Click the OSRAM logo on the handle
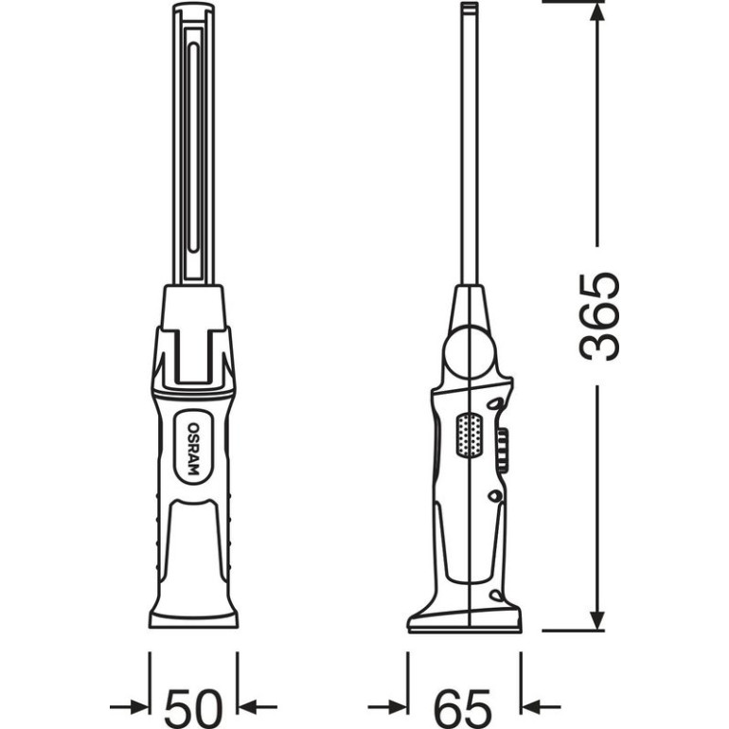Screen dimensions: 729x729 tap(193, 449)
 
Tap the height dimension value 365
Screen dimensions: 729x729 tap(599, 316)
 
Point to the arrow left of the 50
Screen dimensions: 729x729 tap(130, 707)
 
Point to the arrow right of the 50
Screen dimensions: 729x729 tap(258, 707)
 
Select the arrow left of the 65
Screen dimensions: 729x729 tap(388, 707)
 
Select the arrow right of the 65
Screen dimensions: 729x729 tap(541, 707)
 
